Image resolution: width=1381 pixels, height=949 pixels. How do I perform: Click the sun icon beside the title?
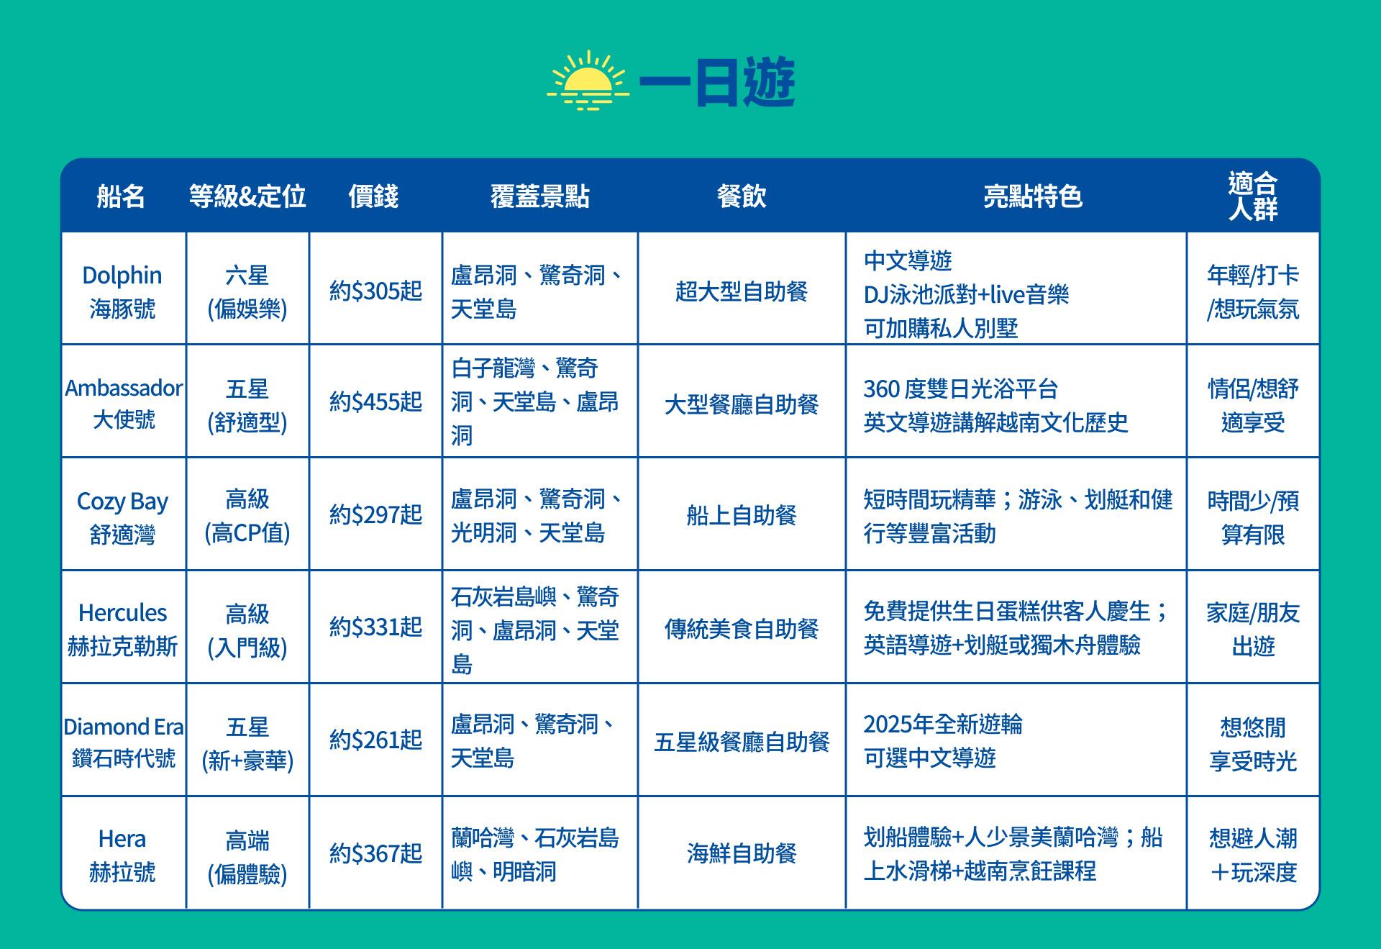[x=588, y=80]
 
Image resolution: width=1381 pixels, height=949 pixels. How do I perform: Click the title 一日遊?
[x=717, y=82]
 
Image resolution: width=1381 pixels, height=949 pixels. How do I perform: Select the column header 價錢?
[x=373, y=196]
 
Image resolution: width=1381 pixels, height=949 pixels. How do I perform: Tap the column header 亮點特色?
[x=1033, y=196]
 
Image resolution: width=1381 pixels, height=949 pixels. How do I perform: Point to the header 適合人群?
[x=1253, y=196]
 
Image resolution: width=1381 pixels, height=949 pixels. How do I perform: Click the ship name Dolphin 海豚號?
[x=122, y=291]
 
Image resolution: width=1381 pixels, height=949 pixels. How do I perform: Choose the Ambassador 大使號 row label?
[x=124, y=403]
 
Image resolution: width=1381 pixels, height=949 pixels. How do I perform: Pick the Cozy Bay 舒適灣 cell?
[x=122, y=517]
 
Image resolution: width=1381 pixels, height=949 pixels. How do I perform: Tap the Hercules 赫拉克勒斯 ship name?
[x=122, y=629]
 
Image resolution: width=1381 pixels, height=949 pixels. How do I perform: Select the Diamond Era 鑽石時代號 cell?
[x=124, y=742]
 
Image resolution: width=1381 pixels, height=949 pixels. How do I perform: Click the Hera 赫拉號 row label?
[x=122, y=855]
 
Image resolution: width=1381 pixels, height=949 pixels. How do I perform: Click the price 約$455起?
[x=375, y=402]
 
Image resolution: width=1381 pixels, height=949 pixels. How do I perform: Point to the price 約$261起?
[x=375, y=740]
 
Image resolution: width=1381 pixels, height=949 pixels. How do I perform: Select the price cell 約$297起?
[x=375, y=515]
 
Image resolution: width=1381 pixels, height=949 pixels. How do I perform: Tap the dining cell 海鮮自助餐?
[x=742, y=854]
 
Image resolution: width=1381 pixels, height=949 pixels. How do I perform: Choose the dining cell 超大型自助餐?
[x=742, y=291]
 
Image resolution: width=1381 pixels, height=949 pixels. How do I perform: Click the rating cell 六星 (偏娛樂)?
[x=247, y=292]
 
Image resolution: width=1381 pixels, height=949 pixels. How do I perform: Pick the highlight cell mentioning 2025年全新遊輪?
[x=943, y=740]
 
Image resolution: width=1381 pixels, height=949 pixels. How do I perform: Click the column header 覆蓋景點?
[x=539, y=196]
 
